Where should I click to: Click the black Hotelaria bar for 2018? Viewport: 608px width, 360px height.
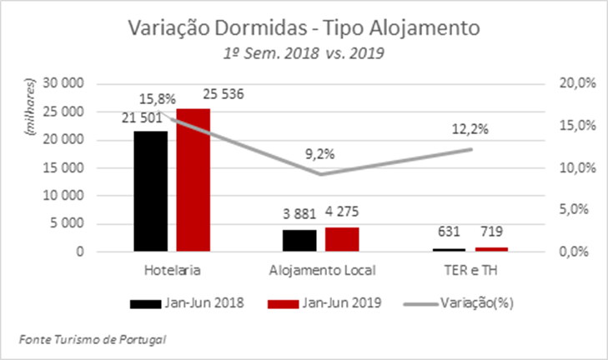coord(150,191)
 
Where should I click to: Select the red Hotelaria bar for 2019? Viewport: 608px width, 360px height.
coord(193,180)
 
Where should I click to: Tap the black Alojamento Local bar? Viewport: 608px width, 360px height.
coord(299,240)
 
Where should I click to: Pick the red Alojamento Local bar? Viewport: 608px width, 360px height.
coord(342,239)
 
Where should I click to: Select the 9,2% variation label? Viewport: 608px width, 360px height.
coord(321,153)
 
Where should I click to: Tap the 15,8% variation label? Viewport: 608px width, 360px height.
coord(158,99)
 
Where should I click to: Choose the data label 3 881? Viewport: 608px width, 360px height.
coord(301,215)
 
